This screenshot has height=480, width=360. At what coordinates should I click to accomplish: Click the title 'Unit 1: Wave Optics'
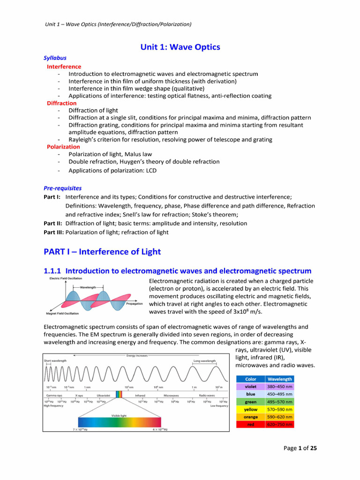pos(180,47)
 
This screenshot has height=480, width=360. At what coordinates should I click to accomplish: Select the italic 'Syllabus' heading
pos(55,58)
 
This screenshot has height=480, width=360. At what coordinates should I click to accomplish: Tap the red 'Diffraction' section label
pos(61,103)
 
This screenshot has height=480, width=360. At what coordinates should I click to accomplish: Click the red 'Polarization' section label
pos(63,147)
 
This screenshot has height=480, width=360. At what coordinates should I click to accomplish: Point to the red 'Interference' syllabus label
pos(64,67)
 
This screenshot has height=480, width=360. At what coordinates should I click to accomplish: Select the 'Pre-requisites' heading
pos(62,188)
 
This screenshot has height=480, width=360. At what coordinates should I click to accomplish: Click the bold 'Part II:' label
pos(53,223)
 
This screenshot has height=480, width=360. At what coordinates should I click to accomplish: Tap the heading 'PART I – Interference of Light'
pos(102,252)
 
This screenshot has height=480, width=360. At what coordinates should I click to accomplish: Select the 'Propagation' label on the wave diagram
pos(134,304)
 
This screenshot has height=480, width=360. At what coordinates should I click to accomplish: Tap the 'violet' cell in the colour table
pos(251,387)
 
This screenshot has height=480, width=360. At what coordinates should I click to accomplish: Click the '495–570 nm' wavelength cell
pos(280,402)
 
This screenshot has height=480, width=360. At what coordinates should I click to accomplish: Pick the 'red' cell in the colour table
pos(251,424)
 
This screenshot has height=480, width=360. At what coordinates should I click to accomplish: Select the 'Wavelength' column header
pos(280,379)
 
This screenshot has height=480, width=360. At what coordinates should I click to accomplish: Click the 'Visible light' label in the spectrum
pos(119,415)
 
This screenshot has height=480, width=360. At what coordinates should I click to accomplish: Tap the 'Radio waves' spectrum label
pos(207,395)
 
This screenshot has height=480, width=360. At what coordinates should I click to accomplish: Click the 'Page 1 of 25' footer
pos(300,448)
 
